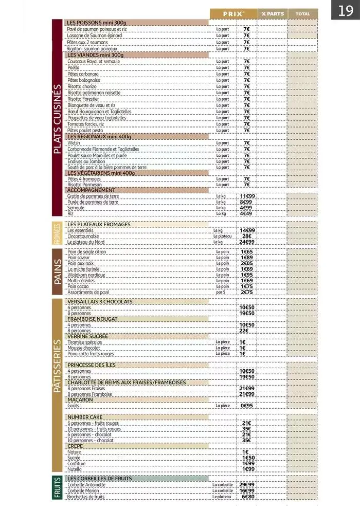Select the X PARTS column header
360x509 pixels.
pyautogui.click(x=273, y=14)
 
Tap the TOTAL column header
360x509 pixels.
pyautogui.click(x=303, y=14)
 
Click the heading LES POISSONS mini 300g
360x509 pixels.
pyautogui.click(x=97, y=23)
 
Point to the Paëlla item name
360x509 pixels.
pyautogui.click(x=74, y=67)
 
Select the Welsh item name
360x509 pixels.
pyautogui.click(x=73, y=143)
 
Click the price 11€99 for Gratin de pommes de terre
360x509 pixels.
pyautogui.click(x=247, y=196)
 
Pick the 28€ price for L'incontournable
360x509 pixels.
pyautogui.click(x=247, y=236)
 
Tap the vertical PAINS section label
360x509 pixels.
pyautogui.click(x=57, y=271)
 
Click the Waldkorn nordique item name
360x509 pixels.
pyautogui.click(x=86, y=275)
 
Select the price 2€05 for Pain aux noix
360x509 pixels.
pyautogui.click(x=247, y=263)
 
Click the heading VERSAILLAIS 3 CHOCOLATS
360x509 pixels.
pyautogui.click(x=100, y=301)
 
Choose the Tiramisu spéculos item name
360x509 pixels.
pyautogui.click(x=85, y=342)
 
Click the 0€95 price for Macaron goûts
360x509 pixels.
pyautogui.click(x=247, y=406)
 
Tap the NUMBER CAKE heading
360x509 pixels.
pyautogui.click(x=85, y=417)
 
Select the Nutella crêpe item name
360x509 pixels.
pyautogui.click(x=75, y=469)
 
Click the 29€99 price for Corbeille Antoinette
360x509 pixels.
pyautogui.click(x=247, y=484)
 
